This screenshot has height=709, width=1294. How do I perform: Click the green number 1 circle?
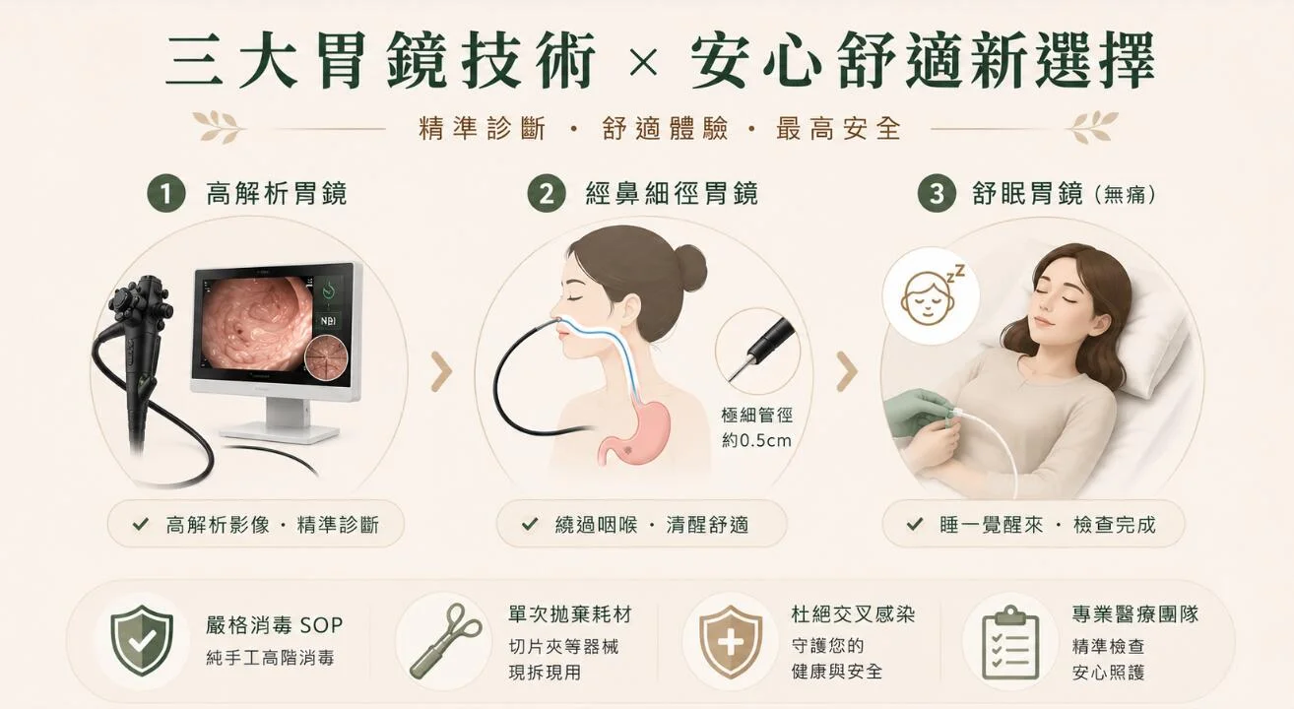(166, 194)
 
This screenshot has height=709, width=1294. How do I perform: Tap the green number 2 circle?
(546, 194)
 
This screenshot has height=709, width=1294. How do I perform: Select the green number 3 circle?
(937, 194)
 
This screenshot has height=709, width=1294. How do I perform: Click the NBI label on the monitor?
(328, 321)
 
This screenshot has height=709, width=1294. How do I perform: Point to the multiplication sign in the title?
(643, 64)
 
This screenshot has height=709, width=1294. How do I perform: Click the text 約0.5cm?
(756, 441)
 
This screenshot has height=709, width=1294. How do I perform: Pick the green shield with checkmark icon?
(142, 641)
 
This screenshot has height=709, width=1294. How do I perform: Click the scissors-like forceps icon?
(445, 641)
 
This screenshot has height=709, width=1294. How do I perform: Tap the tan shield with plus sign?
(730, 641)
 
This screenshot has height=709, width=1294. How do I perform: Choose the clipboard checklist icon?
(1010, 643)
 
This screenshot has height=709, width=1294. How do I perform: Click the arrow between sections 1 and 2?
(442, 370)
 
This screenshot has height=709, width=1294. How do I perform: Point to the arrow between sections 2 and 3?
(848, 370)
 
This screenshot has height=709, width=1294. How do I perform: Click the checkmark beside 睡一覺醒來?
(915, 524)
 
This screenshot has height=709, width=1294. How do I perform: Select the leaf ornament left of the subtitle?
(218, 126)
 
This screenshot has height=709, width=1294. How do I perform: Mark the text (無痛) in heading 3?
(1125, 195)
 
